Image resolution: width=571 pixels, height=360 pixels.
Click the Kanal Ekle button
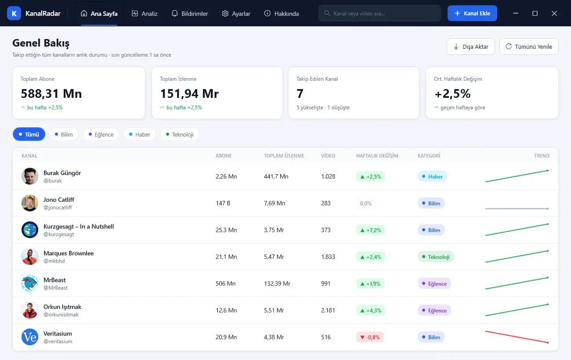click(472, 13)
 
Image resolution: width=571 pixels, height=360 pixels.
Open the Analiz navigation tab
click(145, 14)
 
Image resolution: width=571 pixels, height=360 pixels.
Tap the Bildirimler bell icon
click(175, 13)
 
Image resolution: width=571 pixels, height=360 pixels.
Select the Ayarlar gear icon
click(225, 13)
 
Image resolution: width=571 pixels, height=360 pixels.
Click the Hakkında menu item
click(282, 14)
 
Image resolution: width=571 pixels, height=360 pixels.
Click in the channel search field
click(380, 13)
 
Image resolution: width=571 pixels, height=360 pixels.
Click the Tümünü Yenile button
click(529, 47)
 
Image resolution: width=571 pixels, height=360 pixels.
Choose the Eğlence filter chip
click(101, 134)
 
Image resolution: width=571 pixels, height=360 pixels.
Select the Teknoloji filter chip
click(180, 134)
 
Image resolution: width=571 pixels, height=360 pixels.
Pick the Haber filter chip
click(139, 134)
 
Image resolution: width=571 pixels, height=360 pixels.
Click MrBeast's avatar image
click(30, 283)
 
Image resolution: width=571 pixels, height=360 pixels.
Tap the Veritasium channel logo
click(30, 337)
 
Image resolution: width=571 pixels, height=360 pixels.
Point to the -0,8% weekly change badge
click(370, 337)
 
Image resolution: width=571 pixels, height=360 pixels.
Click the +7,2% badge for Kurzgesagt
click(371, 230)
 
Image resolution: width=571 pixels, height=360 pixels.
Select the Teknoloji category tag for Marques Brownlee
click(436, 257)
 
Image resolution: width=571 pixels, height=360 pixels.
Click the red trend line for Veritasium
click(517, 337)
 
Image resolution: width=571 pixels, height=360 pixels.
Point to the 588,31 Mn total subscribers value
click(51, 94)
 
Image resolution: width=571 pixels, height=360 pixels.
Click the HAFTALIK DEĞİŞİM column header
click(377, 156)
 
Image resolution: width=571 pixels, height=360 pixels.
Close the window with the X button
click(554, 13)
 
